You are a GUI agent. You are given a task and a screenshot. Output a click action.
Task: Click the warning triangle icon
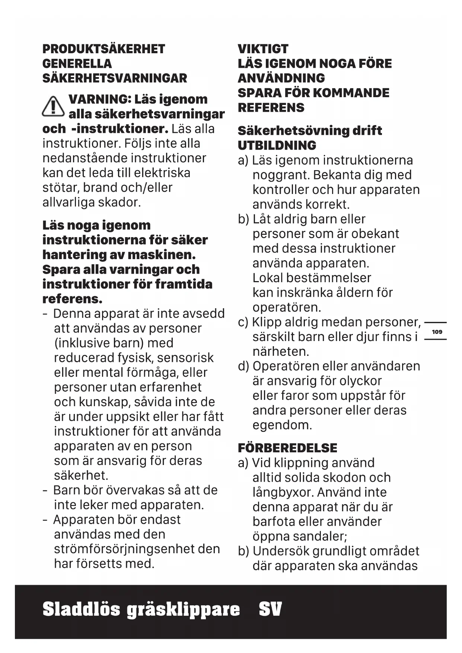pos(53,106)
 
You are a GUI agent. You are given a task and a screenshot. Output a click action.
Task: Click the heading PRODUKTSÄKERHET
pos(103,49)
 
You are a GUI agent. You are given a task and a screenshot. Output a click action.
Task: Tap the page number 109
pos(437,332)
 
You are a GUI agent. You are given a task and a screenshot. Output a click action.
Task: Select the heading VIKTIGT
pos(263,49)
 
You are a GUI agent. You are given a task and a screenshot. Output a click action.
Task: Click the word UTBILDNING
pos(277,145)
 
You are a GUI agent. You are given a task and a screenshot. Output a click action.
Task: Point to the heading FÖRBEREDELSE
pos(287,448)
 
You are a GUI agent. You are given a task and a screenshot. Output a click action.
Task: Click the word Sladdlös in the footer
pos(82,610)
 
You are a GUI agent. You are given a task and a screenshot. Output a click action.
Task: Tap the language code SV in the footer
pos(270,610)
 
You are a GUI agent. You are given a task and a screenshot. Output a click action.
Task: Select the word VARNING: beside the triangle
pos(100,99)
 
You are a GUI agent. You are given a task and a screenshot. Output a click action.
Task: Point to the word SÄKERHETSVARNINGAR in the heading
pos(115,78)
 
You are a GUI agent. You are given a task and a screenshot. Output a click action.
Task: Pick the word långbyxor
pos(283,492)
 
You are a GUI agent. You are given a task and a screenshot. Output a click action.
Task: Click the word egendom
pos(282,425)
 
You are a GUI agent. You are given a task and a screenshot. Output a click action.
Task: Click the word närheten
pos(281,351)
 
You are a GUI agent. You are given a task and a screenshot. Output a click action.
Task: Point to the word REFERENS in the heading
pos(271,108)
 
